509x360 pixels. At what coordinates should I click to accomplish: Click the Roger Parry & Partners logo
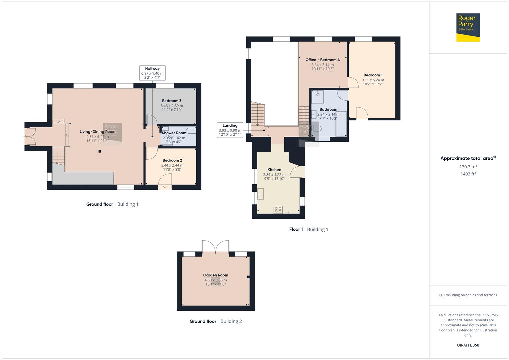coord(468,27)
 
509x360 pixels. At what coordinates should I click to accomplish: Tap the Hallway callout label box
coord(152,73)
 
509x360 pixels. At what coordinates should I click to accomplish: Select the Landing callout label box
coord(230,130)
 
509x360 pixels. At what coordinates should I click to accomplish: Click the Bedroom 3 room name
coord(172,101)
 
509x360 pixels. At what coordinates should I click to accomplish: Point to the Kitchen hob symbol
coord(278,210)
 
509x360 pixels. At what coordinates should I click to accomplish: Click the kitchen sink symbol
coord(260,194)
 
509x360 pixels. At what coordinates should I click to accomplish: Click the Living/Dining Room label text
coord(97,132)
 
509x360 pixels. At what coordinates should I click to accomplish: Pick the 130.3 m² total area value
coord(468,167)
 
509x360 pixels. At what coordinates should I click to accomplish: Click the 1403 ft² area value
coord(468,174)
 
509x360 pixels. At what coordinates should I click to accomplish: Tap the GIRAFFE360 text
coord(468,345)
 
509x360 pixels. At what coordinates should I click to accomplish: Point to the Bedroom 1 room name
coord(373,75)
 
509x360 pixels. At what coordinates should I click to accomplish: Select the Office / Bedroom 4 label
coord(322,60)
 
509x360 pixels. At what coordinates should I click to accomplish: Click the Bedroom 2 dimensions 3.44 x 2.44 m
coord(172,165)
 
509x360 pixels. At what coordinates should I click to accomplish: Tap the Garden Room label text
coord(216,275)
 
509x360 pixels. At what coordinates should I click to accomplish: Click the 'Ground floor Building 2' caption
coord(216,321)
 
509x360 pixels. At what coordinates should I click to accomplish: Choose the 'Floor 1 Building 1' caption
coord(308,229)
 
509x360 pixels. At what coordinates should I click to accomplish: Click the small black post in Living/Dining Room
coord(99,152)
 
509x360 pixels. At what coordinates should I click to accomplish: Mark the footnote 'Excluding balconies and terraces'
coord(468,295)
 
